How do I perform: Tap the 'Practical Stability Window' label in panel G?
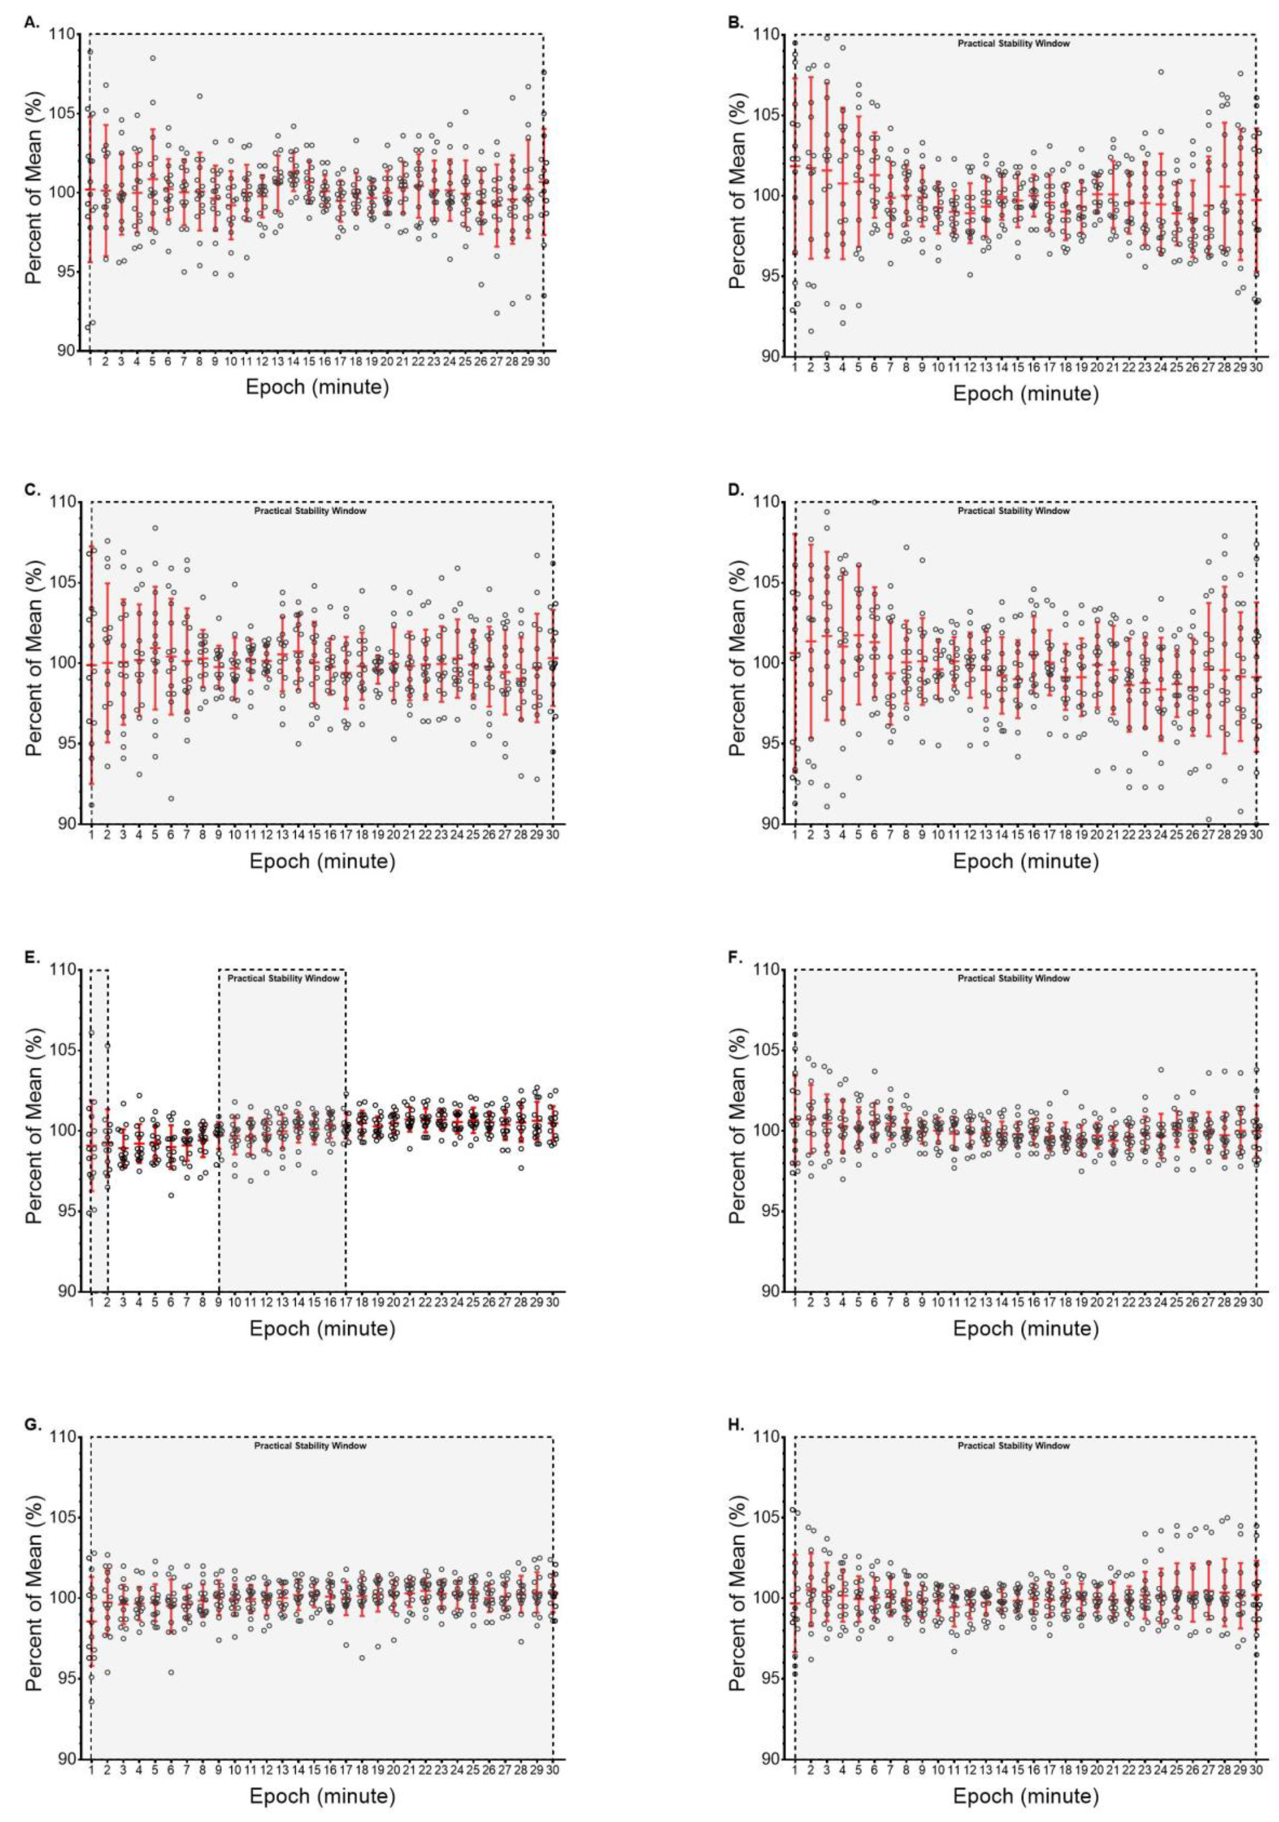310,1446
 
